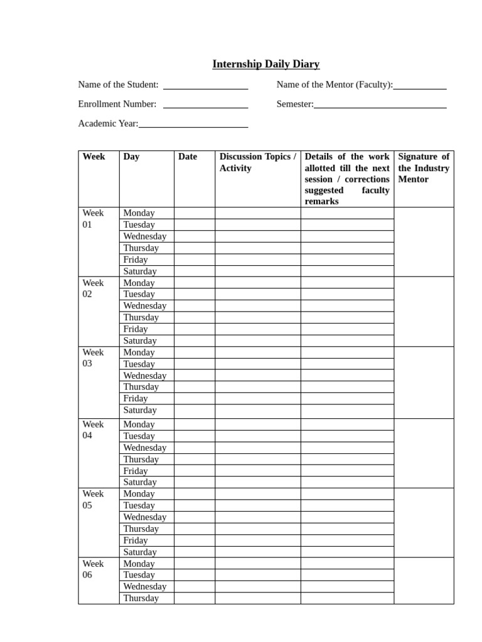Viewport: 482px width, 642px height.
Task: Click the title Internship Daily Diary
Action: (x=265, y=64)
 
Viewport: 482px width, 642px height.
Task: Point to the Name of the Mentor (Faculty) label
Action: (x=335, y=85)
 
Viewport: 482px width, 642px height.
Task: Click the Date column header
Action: (x=187, y=157)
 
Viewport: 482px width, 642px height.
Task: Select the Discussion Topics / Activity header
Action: (x=257, y=162)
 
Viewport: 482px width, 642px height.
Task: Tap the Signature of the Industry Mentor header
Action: (x=424, y=168)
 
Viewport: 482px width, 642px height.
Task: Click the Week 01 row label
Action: (x=93, y=219)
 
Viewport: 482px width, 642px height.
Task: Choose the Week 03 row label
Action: (x=93, y=358)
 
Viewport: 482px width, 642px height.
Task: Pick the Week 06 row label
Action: (x=93, y=569)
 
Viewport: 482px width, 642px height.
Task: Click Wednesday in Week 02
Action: (x=145, y=306)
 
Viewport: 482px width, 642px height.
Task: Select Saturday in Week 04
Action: (x=140, y=482)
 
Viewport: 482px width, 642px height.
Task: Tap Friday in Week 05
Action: (x=136, y=540)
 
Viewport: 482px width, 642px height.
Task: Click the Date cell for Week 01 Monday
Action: (x=195, y=213)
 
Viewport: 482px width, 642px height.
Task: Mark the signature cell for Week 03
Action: (x=424, y=382)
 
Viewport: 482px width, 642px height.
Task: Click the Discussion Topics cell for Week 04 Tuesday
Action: (x=257, y=436)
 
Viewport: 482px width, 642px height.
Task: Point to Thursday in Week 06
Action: (x=141, y=598)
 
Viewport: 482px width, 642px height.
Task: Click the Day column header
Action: (x=132, y=157)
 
